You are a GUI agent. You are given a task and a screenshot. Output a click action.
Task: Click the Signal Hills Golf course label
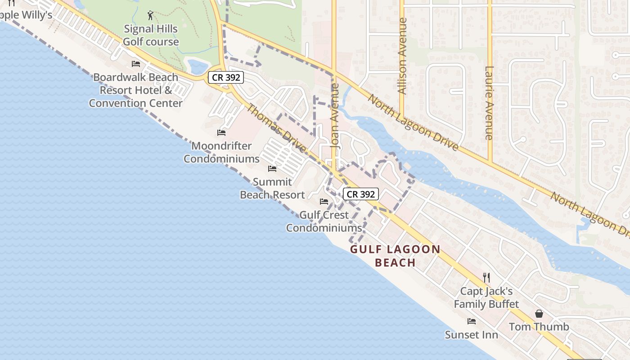tap(151, 36)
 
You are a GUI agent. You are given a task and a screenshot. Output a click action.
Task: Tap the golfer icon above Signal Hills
tap(150, 16)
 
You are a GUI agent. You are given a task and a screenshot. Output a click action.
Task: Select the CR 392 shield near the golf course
tap(226, 77)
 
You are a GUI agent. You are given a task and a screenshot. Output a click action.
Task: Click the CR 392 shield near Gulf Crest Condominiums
tap(361, 194)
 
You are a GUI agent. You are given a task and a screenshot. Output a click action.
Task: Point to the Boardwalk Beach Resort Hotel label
tap(135, 90)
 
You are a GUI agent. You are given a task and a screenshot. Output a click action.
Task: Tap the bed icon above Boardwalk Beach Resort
tap(135, 64)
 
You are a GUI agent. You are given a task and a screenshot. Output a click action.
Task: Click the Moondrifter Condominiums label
tap(221, 152)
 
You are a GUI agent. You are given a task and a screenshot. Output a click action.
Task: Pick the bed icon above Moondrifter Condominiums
tap(221, 133)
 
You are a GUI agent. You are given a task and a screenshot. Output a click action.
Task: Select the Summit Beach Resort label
tap(272, 188)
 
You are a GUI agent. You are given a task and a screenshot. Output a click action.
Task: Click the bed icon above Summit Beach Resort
tap(272, 169)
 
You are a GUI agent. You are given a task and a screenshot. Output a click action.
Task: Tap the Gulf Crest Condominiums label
tap(324, 221)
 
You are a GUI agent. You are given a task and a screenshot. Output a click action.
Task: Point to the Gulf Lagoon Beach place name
tap(395, 256)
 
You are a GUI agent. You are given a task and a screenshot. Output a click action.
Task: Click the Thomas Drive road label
tap(276, 128)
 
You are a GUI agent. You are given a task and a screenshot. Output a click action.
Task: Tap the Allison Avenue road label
tap(402, 56)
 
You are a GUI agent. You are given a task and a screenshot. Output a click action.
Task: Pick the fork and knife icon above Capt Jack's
tap(486, 277)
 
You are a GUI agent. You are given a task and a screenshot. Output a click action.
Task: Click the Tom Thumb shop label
tap(539, 327)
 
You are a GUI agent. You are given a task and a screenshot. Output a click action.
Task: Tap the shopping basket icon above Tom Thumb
tap(539, 314)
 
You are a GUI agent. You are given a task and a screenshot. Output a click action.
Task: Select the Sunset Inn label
tap(471, 335)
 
